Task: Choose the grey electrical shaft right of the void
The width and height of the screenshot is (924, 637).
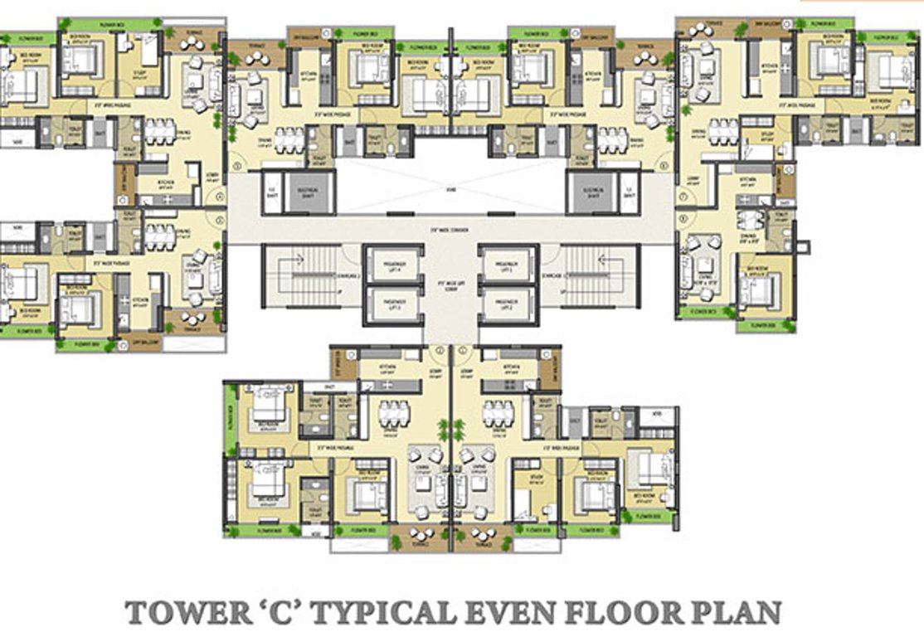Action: [x=594, y=193]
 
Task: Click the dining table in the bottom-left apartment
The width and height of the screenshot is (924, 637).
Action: [x=394, y=413]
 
